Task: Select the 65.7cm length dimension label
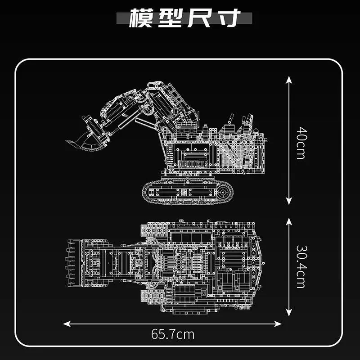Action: coord(173,334)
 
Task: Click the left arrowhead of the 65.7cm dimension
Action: coord(66,323)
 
